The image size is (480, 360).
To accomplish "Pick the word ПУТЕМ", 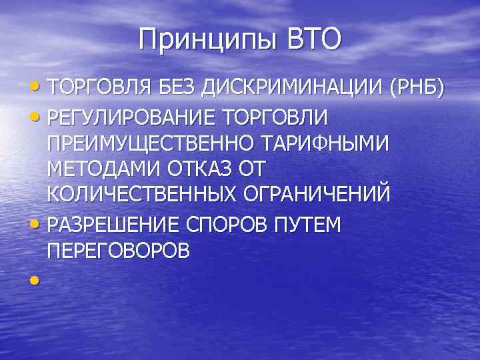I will tap(306, 225).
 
